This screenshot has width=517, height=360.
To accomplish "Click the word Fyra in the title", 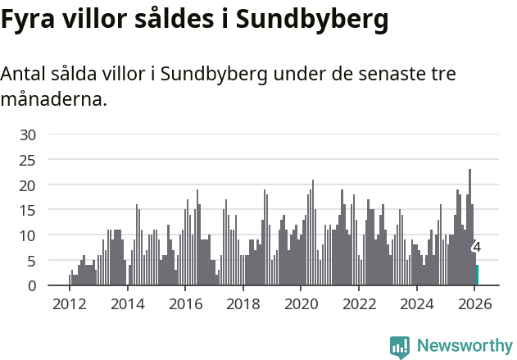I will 29,21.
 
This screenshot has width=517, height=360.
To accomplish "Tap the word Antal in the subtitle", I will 24,74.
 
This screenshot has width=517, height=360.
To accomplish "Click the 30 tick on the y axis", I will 29,134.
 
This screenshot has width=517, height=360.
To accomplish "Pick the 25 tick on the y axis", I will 29,160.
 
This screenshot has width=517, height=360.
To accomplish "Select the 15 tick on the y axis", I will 29,210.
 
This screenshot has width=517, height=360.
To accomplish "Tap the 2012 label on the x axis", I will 69,303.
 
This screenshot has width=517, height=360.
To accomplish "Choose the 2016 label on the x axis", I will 185,303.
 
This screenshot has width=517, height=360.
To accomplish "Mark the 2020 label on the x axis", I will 301,303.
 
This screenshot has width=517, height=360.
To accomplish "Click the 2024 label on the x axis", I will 417,303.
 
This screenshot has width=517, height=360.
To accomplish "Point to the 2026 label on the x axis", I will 474,303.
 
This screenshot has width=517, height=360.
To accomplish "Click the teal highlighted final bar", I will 477,276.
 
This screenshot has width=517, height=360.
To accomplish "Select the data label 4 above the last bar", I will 477,247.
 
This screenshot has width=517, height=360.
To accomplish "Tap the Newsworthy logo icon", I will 400,347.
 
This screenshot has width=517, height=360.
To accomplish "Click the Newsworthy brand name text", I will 464,346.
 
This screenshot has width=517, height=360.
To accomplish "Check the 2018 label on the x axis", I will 243,303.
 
